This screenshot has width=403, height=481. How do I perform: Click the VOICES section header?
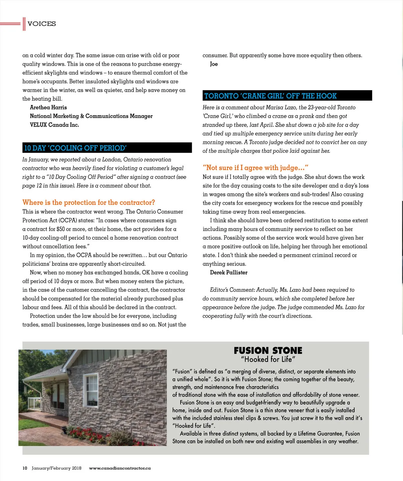[42, 24]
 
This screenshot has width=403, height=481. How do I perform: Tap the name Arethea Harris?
[48, 107]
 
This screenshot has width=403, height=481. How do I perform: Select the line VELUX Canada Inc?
[54, 125]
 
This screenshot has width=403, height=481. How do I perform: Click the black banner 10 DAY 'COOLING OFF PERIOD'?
[107, 148]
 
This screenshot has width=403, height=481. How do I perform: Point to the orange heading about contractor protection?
[89, 202]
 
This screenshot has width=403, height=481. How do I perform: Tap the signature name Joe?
[214, 64]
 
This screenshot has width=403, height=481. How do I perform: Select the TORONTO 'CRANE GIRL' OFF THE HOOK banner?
[287, 96]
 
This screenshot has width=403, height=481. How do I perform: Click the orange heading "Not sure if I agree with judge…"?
[255, 168]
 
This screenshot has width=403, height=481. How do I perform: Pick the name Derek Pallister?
[229, 273]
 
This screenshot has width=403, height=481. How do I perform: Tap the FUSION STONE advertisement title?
[268, 351]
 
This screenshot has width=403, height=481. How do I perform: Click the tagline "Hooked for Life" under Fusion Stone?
[268, 359]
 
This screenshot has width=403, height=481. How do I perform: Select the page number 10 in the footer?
[25, 468]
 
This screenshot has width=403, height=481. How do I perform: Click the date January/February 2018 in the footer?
[56, 468]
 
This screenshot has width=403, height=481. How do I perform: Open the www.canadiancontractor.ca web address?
[120, 468]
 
